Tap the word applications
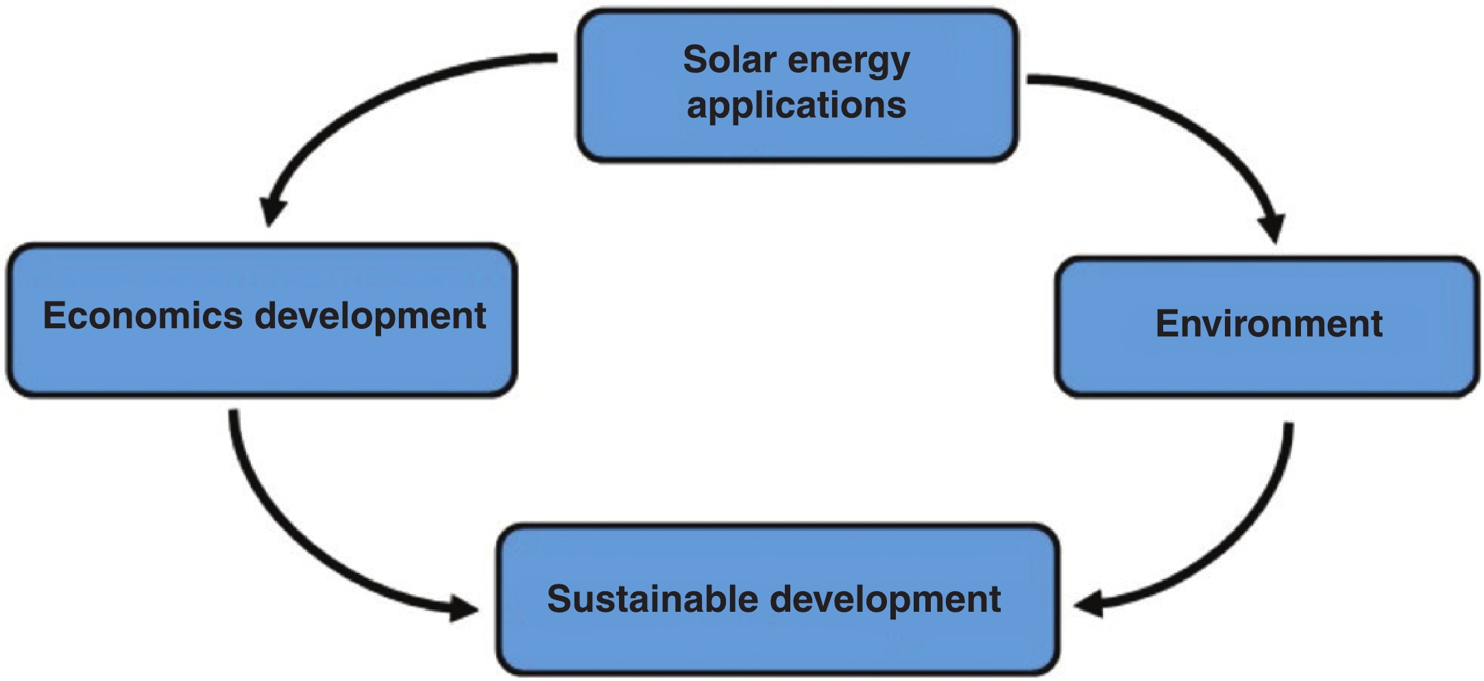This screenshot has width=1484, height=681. pyautogui.click(x=796, y=106)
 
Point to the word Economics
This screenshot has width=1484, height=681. pyautogui.click(x=143, y=316)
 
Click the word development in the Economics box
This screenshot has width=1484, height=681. pyautogui.click(x=370, y=317)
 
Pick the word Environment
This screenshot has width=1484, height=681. pyautogui.click(x=1269, y=323)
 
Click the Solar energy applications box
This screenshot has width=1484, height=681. pyautogui.click(x=796, y=137)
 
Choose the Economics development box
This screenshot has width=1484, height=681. pyautogui.click(x=262, y=363)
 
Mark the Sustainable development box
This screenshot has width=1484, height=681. pyautogui.click(x=778, y=644)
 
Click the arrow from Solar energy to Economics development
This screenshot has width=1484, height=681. pyautogui.click(x=384, y=96)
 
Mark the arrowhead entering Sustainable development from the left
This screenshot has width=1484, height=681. pyautogui.click(x=462, y=607)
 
